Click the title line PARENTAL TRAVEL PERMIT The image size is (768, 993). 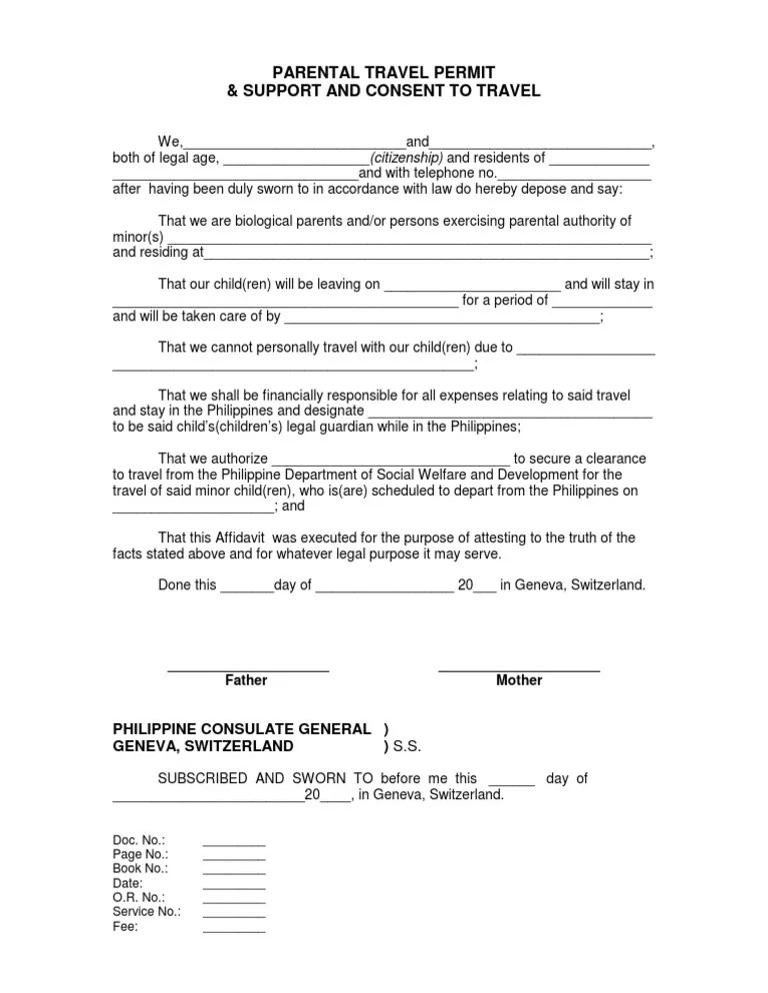385,72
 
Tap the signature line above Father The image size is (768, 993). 248,668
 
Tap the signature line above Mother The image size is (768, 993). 519,668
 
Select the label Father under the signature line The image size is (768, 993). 246,680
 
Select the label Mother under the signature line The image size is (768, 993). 519,680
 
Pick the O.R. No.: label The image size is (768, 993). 139,898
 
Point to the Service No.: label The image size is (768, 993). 146,912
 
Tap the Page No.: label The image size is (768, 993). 140,855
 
